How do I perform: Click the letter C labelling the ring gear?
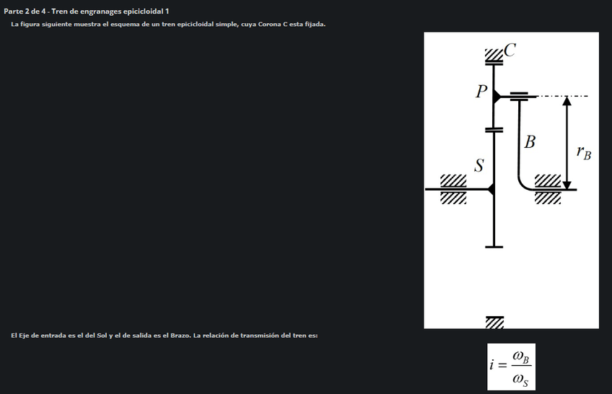[x=510, y=49]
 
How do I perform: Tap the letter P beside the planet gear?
[x=481, y=92]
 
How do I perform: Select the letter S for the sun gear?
[x=478, y=166]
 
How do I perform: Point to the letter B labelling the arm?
[x=530, y=141]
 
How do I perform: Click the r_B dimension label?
[x=583, y=152]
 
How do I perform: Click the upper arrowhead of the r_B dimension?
[x=567, y=101]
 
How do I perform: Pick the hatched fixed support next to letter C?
[x=494, y=53]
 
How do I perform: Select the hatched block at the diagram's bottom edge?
[x=494, y=321]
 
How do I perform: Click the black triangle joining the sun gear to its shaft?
[x=491, y=189]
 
